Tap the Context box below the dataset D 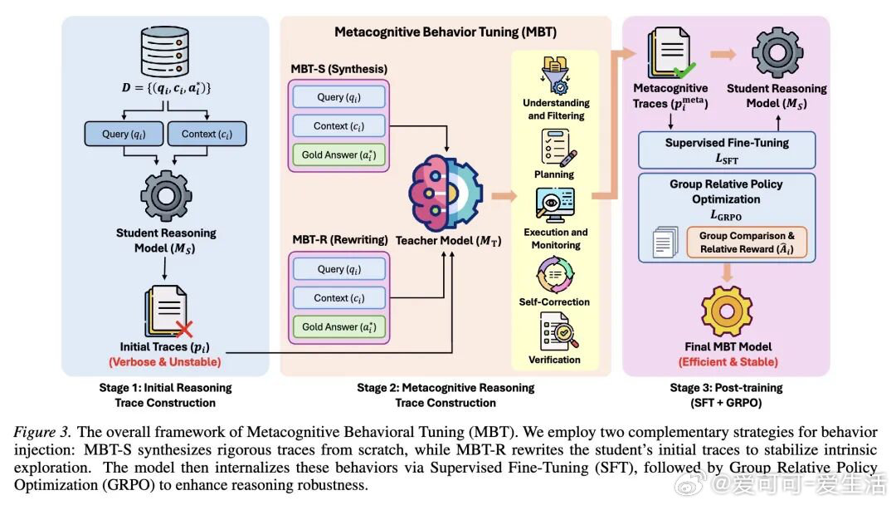(x=207, y=134)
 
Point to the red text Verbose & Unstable (x=165, y=361)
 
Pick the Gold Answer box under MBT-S (x=338, y=155)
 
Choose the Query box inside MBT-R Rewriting (x=338, y=269)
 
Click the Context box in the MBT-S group (x=338, y=126)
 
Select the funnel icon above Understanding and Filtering (x=555, y=75)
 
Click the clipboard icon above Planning (x=555, y=148)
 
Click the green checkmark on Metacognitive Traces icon (x=684, y=71)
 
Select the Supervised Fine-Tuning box (x=727, y=150)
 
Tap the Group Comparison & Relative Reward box (x=747, y=243)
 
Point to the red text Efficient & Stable (x=728, y=361)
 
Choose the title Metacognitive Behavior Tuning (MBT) (x=446, y=32)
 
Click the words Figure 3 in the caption (x=40, y=432)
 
